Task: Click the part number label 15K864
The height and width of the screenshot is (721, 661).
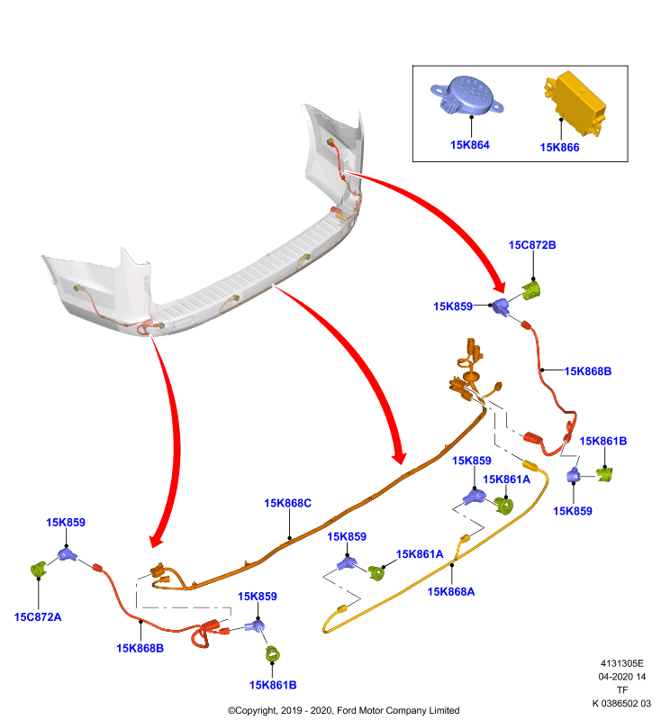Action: pyautogui.click(x=469, y=145)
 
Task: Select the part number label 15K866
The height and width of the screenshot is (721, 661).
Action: pyautogui.click(x=559, y=148)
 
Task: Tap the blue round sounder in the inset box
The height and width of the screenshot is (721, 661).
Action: pyautogui.click(x=466, y=96)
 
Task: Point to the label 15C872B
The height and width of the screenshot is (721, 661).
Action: pyautogui.click(x=532, y=245)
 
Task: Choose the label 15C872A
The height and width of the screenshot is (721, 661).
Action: pyautogui.click(x=38, y=617)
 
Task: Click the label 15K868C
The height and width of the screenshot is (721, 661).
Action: pyautogui.click(x=287, y=504)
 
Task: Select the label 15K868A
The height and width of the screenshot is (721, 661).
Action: pyautogui.click(x=451, y=592)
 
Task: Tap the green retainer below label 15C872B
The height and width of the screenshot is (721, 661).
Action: pyautogui.click(x=532, y=290)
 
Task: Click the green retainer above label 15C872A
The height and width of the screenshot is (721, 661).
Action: pyautogui.click(x=39, y=570)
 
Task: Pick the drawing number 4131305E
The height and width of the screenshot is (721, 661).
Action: pyautogui.click(x=622, y=663)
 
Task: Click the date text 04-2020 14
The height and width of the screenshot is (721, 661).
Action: pyautogui.click(x=622, y=677)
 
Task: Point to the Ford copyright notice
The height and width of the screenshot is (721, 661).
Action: pyautogui.click(x=344, y=710)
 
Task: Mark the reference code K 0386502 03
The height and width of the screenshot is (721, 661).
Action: pyautogui.click(x=621, y=704)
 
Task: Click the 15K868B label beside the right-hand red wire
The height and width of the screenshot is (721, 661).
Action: pyautogui.click(x=588, y=371)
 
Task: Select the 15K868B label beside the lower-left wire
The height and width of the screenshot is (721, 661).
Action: pyautogui.click(x=140, y=648)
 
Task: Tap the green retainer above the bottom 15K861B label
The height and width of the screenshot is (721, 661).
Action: pyautogui.click(x=272, y=654)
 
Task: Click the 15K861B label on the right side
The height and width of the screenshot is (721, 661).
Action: pyautogui.click(x=603, y=442)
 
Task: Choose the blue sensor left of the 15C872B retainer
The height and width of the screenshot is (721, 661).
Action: pyautogui.click(x=501, y=306)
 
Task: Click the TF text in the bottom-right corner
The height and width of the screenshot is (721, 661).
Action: pyautogui.click(x=622, y=690)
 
